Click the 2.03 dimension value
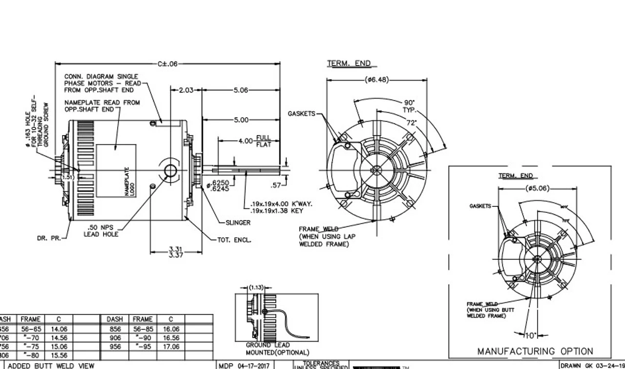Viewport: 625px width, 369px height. (186, 90)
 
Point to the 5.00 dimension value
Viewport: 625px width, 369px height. (241, 120)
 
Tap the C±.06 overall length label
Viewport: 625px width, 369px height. (167, 63)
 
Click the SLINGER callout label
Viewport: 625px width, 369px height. (238, 223)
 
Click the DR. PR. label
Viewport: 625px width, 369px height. (47, 239)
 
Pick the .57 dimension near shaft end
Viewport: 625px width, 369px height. (276, 185)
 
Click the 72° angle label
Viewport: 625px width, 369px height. (411, 123)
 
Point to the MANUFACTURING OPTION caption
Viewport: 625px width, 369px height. (535, 351)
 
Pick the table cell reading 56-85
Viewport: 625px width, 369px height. (143, 329)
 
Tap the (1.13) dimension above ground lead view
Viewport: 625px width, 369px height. (256, 288)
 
